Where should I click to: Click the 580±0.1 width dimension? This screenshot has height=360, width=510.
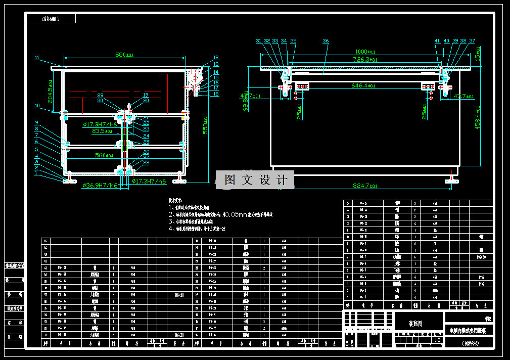tap(124, 55)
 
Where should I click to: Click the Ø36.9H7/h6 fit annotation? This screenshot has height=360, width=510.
tap(99, 186)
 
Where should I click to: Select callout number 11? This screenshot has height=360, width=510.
tap(37, 58)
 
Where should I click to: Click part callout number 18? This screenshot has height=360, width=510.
tap(216, 94)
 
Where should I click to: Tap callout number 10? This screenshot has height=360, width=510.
tap(37, 106)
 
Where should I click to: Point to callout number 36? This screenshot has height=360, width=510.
tap(326, 41)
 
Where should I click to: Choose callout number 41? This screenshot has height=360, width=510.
tap(437, 41)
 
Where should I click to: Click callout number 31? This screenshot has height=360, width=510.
tap(259, 41)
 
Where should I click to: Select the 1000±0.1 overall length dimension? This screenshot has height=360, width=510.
tap(365, 52)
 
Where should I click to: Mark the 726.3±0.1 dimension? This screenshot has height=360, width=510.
tap(365, 60)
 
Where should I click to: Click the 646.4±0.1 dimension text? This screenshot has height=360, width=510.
tap(363, 86)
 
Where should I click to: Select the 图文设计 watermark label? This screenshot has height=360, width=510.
tap(255, 180)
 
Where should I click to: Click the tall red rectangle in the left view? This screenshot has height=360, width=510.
tap(165, 94)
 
